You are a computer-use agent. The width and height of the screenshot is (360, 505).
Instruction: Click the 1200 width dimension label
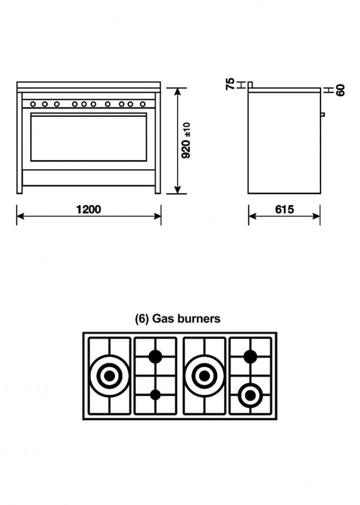coord(88,210)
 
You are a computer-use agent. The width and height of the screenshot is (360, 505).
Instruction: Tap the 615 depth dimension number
coord(284,210)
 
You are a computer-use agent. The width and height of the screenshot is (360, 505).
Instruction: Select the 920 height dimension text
coord(186,149)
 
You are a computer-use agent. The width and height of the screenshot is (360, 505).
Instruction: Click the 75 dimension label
coord(231,84)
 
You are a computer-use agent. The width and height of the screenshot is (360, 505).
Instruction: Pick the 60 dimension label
coord(340,90)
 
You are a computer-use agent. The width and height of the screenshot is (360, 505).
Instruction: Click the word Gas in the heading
coord(163,319)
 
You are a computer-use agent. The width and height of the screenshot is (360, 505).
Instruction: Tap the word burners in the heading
coord(199,319)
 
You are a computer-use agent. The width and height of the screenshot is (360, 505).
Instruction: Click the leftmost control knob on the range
coord(33,104)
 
